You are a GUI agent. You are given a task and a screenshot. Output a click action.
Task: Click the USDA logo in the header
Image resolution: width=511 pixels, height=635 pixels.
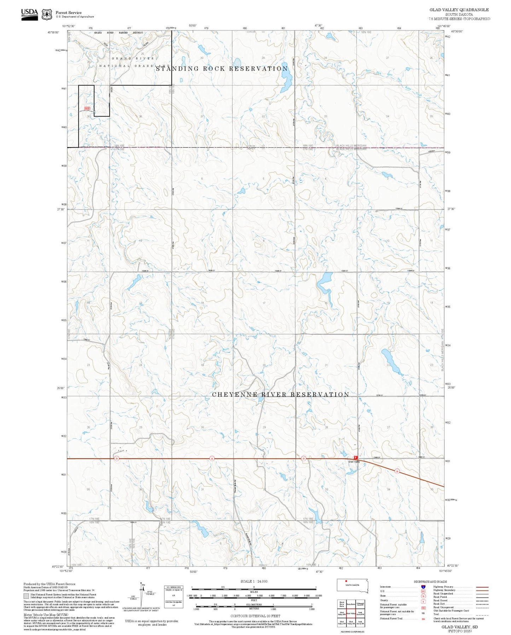(29, 14)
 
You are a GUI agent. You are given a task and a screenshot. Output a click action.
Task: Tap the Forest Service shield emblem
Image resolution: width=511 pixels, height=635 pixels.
(47, 15)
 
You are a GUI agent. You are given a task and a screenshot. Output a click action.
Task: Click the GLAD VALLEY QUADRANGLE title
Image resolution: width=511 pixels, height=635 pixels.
(459, 10)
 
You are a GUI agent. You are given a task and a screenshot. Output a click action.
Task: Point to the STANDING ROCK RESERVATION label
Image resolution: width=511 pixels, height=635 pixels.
(222, 69)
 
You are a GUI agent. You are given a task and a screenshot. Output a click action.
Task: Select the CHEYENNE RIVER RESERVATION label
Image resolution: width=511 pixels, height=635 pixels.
(280, 394)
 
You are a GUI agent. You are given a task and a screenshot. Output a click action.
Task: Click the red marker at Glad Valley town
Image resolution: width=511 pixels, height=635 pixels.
(356, 457)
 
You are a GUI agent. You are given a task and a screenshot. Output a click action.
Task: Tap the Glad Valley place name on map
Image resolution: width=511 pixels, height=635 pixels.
(354, 462)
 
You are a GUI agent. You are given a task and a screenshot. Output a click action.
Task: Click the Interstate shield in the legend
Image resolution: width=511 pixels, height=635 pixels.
(423, 587)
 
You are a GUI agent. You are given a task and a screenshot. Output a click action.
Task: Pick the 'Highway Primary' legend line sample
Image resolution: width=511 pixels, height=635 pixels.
(482, 587)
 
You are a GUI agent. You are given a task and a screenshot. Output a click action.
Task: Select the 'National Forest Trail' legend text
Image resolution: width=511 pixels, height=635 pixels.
(391, 618)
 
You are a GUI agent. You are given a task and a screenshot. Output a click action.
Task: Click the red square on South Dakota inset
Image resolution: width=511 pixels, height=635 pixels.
(346, 581)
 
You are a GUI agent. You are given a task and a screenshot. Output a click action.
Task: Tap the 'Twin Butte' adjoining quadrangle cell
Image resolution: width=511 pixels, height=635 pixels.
(351, 604)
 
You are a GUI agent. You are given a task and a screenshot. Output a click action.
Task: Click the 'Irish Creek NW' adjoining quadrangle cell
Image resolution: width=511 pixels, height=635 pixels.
(360, 614)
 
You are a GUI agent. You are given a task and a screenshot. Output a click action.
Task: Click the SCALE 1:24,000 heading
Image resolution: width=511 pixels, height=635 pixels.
(254, 581)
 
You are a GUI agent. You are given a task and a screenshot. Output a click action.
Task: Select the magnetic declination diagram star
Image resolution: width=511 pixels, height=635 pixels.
(142, 584)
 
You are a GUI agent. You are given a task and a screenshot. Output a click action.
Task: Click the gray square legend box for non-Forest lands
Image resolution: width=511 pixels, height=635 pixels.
(26, 596)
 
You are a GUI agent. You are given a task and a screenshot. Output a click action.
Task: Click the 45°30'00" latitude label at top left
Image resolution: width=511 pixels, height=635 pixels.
(54, 32)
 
